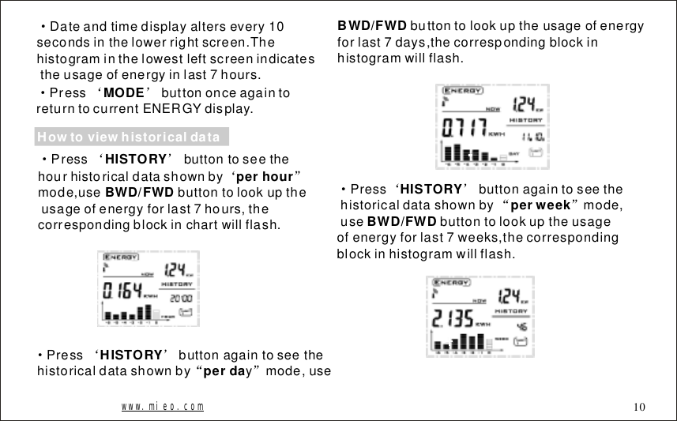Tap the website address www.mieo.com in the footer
pos(162,406)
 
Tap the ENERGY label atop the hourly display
pos(118,257)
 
